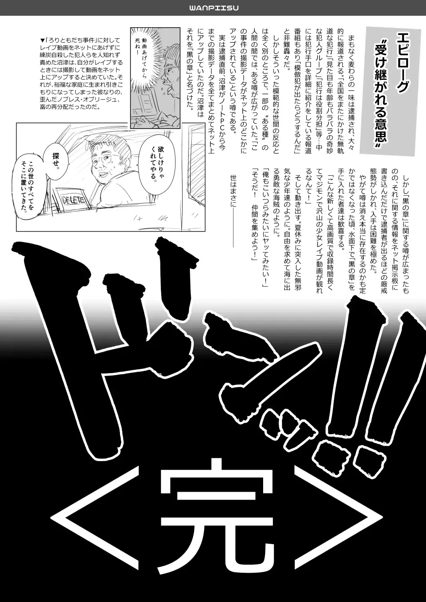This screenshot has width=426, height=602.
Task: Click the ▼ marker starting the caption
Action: [x=43, y=40]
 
